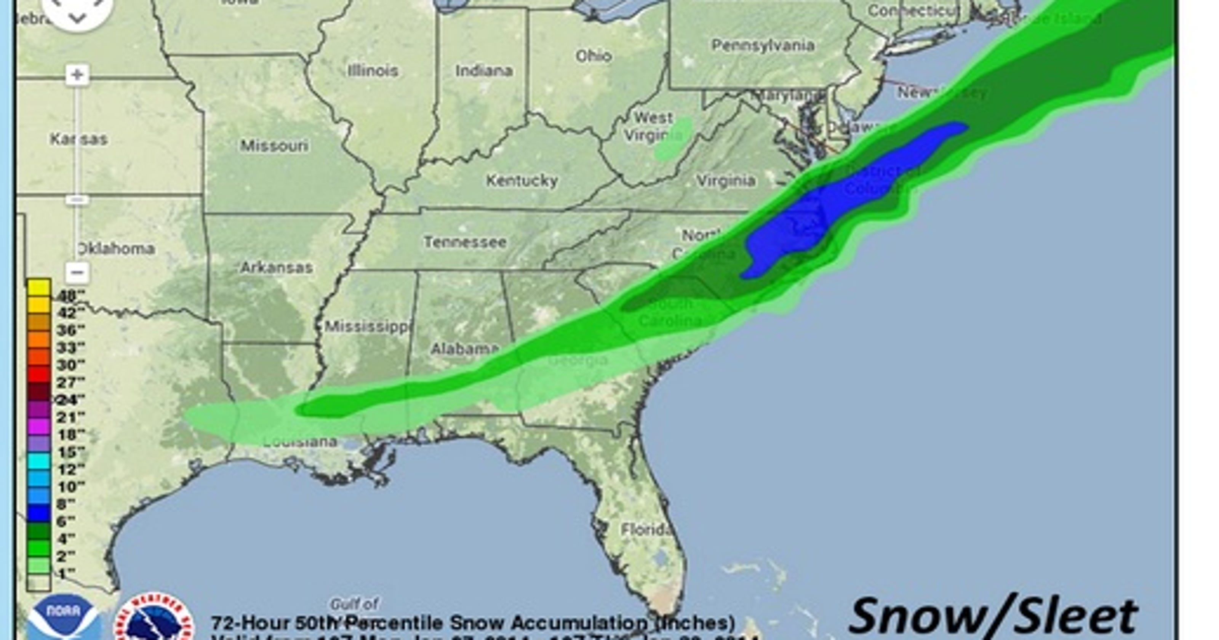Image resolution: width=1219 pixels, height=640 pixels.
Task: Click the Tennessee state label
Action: [465, 242]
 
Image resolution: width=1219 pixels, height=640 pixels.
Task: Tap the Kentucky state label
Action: [522, 180]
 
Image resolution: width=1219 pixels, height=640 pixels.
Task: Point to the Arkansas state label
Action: [277, 268]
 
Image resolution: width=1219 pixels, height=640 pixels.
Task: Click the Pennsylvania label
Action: [763, 45]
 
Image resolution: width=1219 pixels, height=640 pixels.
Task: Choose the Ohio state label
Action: [594, 56]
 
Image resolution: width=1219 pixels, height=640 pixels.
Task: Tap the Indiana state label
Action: [484, 71]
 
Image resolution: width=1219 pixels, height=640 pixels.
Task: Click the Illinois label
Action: [373, 71]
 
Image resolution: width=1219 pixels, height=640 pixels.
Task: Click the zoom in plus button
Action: [77, 75]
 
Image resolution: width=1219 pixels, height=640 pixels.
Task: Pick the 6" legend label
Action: [66, 522]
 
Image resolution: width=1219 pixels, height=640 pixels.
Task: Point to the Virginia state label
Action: [726, 180]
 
